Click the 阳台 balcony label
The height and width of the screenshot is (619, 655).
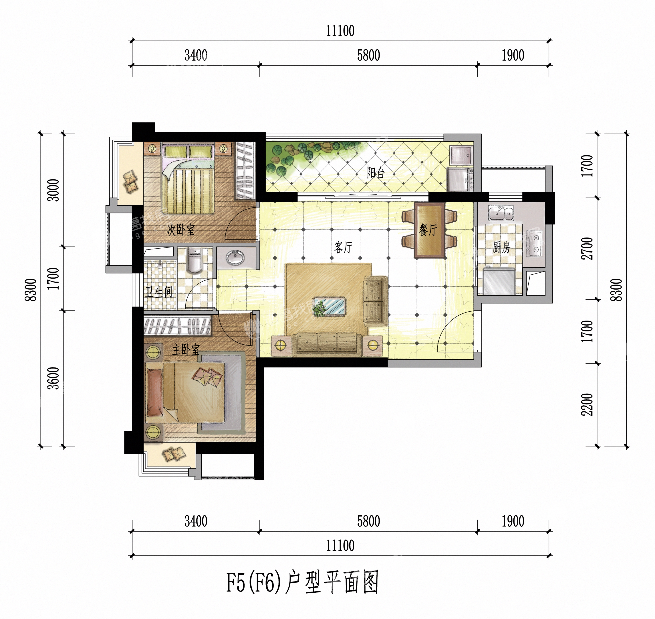[x=376, y=173]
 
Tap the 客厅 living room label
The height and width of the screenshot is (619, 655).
[x=344, y=247]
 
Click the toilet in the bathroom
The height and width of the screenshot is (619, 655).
[x=194, y=260]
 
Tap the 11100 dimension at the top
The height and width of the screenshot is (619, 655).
[x=340, y=31]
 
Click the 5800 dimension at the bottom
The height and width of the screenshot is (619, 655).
[x=369, y=521]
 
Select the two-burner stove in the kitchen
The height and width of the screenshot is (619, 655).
[x=535, y=244]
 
